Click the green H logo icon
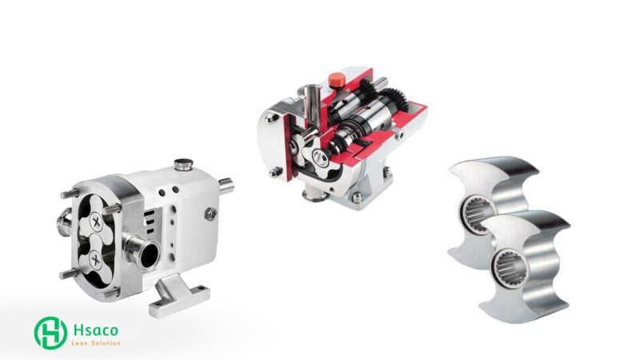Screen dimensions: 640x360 (50, 333)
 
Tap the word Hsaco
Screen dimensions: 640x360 (96, 330)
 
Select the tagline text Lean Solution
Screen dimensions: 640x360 (96, 343)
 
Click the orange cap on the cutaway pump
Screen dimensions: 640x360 (335, 78)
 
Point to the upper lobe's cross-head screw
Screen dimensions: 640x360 (97, 222)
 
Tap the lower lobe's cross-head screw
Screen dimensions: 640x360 (96, 259)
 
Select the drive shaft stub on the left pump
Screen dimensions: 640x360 (226, 186)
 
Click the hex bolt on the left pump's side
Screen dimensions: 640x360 (210, 214)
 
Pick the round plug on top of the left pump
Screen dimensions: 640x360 (183, 165)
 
